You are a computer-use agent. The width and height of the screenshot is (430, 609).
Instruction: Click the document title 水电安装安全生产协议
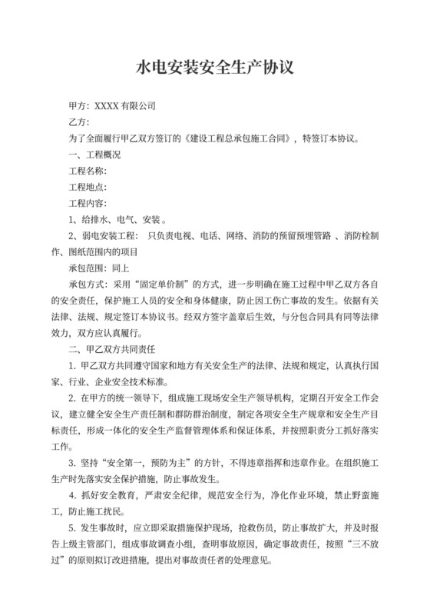(214, 68)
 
